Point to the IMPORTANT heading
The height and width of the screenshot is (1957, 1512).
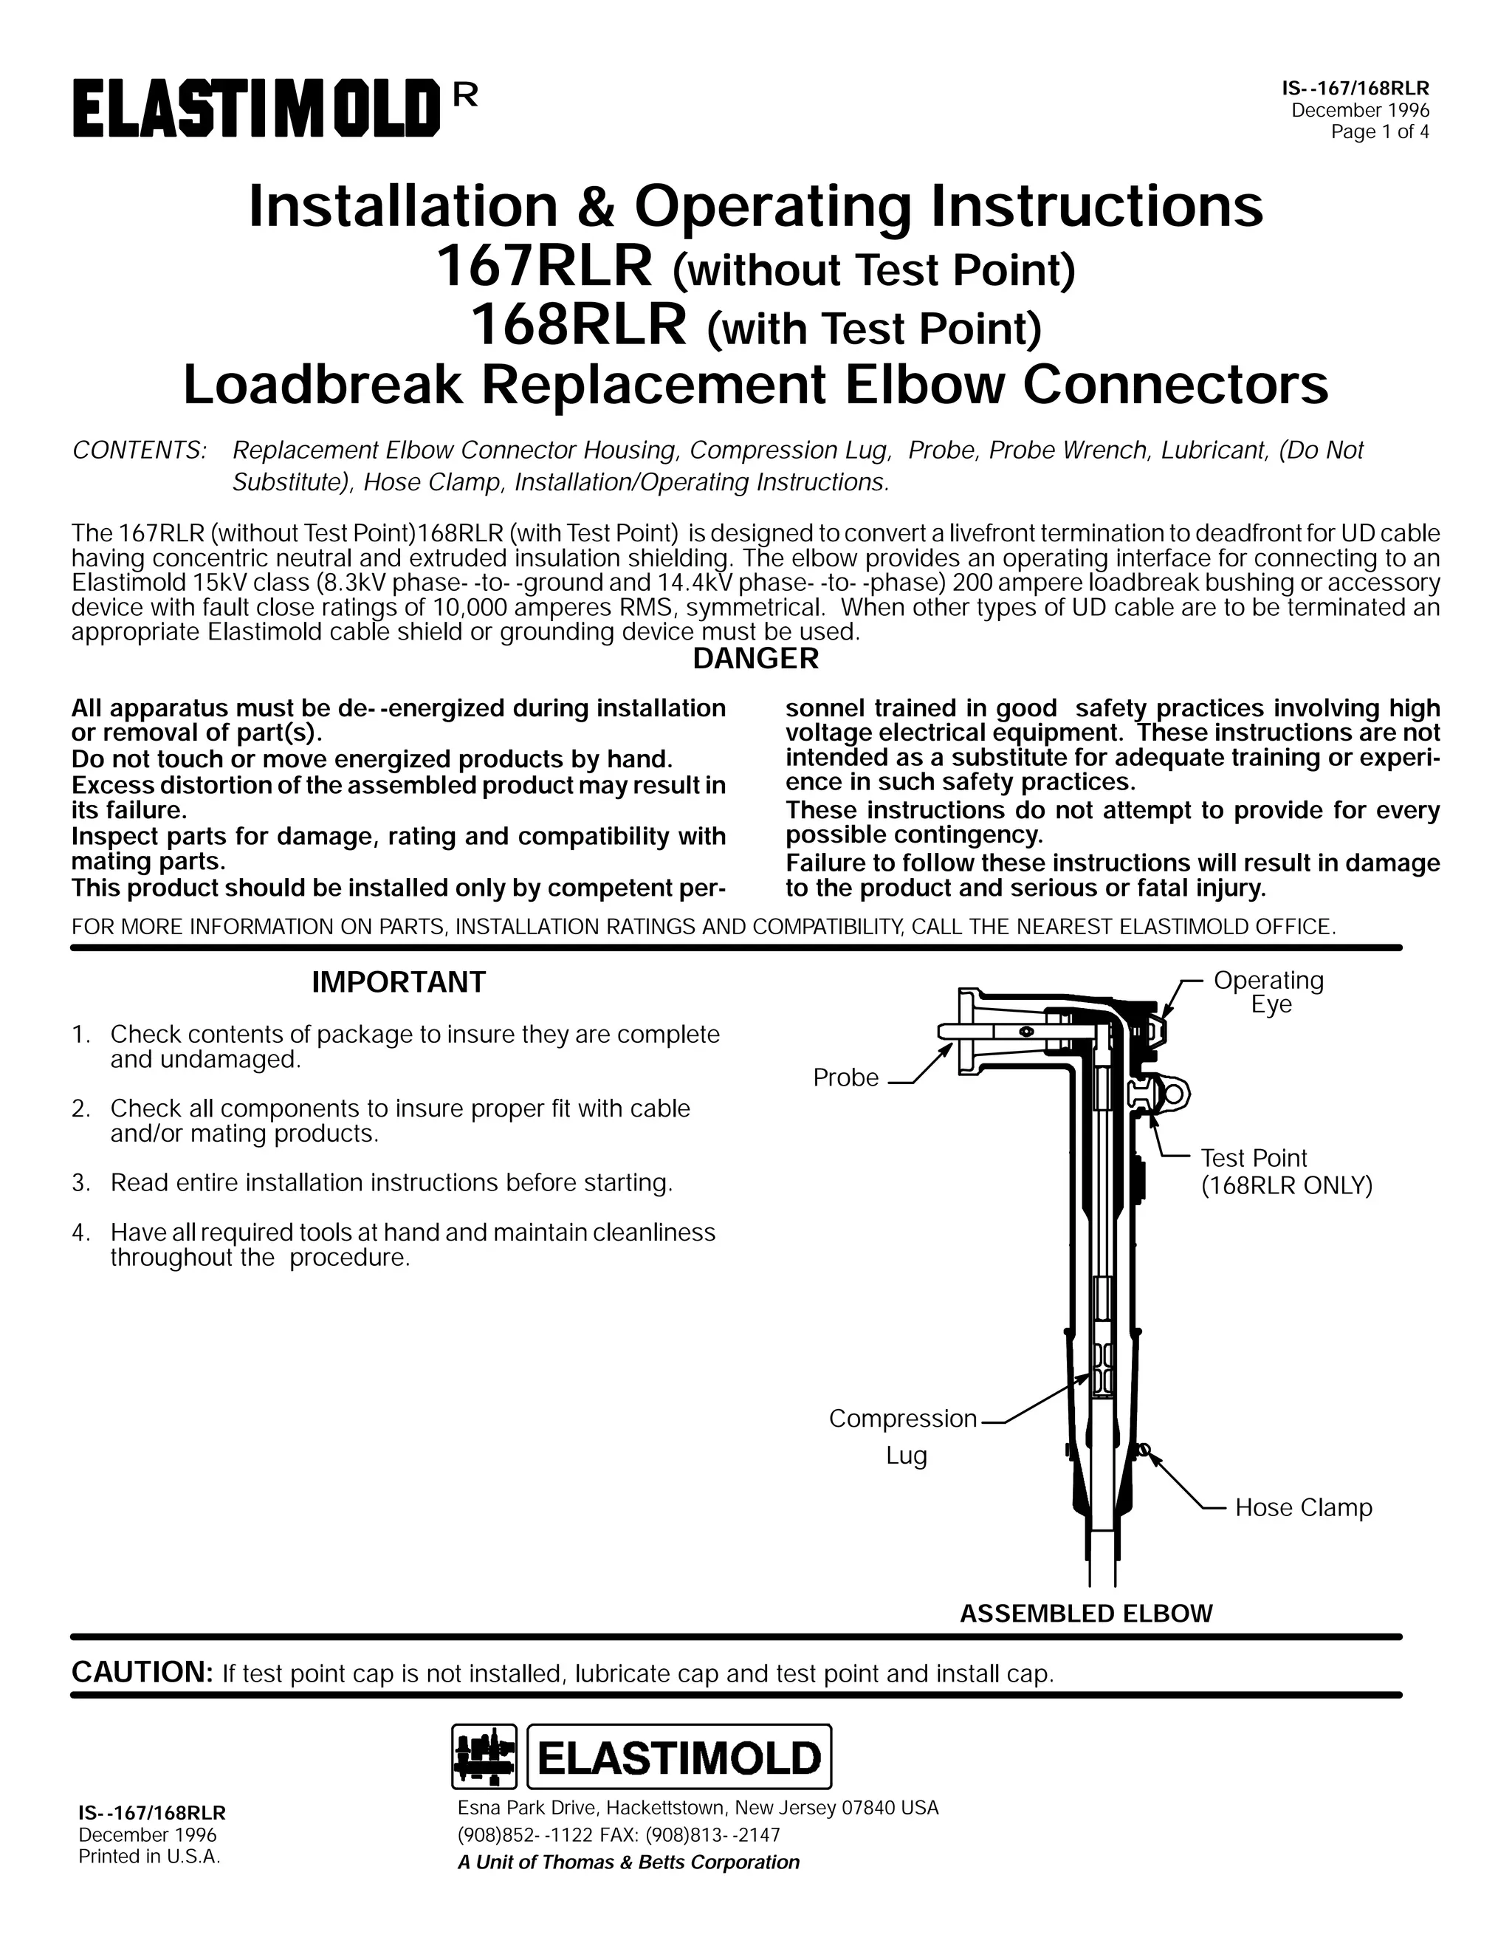pyautogui.click(x=398, y=983)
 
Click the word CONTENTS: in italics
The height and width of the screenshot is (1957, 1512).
pyautogui.click(x=139, y=450)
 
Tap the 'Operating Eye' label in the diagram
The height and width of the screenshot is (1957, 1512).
pyautogui.click(x=1268, y=992)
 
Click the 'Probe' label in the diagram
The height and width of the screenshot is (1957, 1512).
pyautogui.click(x=845, y=1078)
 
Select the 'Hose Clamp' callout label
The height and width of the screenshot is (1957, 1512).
pyautogui.click(x=1302, y=1508)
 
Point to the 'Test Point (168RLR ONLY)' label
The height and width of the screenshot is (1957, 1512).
pyautogui.click(x=1285, y=1172)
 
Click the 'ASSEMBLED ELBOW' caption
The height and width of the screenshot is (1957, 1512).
pyautogui.click(x=1085, y=1614)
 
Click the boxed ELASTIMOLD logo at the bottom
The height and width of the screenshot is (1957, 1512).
pyautogui.click(x=680, y=1756)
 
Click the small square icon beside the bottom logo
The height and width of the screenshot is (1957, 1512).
pyautogui.click(x=484, y=1756)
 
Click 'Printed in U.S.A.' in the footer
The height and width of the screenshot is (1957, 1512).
pyautogui.click(x=148, y=1857)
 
